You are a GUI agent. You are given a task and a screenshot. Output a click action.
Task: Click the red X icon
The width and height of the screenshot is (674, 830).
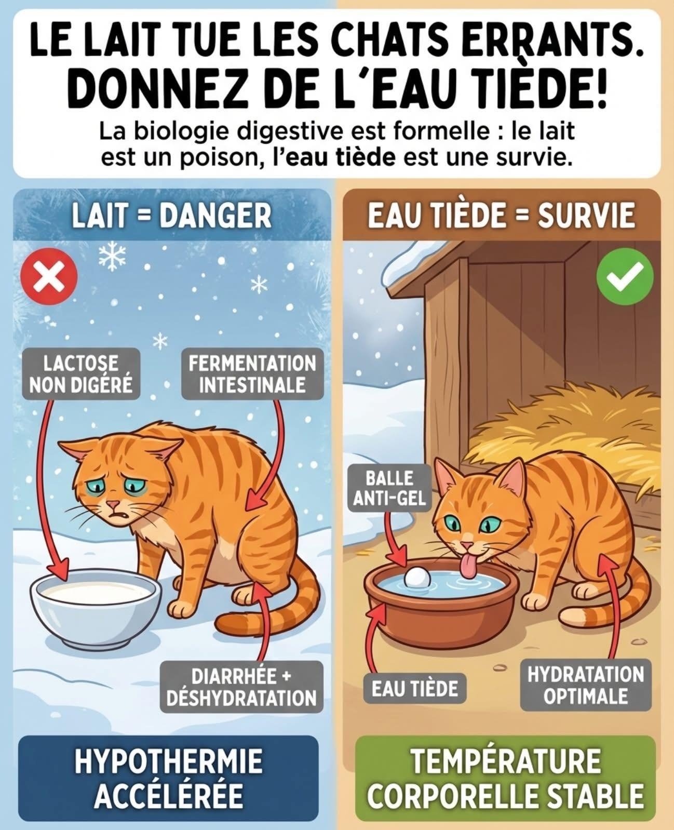click(x=49, y=276)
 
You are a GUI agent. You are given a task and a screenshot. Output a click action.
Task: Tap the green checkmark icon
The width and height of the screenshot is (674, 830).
click(x=625, y=276)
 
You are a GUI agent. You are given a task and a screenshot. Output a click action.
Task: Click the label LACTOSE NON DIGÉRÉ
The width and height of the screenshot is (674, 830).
click(x=81, y=373)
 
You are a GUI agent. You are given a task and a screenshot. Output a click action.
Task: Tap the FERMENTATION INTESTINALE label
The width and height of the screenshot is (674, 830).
click(x=252, y=373)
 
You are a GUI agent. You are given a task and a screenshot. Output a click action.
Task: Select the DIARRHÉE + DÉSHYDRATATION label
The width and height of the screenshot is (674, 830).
click(x=241, y=687)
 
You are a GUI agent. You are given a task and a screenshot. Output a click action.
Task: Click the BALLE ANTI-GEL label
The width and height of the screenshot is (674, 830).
click(x=389, y=488)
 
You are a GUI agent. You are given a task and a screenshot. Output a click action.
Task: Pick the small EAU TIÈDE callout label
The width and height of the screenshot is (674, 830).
click(x=414, y=688)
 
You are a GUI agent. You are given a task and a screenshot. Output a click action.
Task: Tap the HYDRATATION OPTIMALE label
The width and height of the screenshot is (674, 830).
click(x=586, y=685)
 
